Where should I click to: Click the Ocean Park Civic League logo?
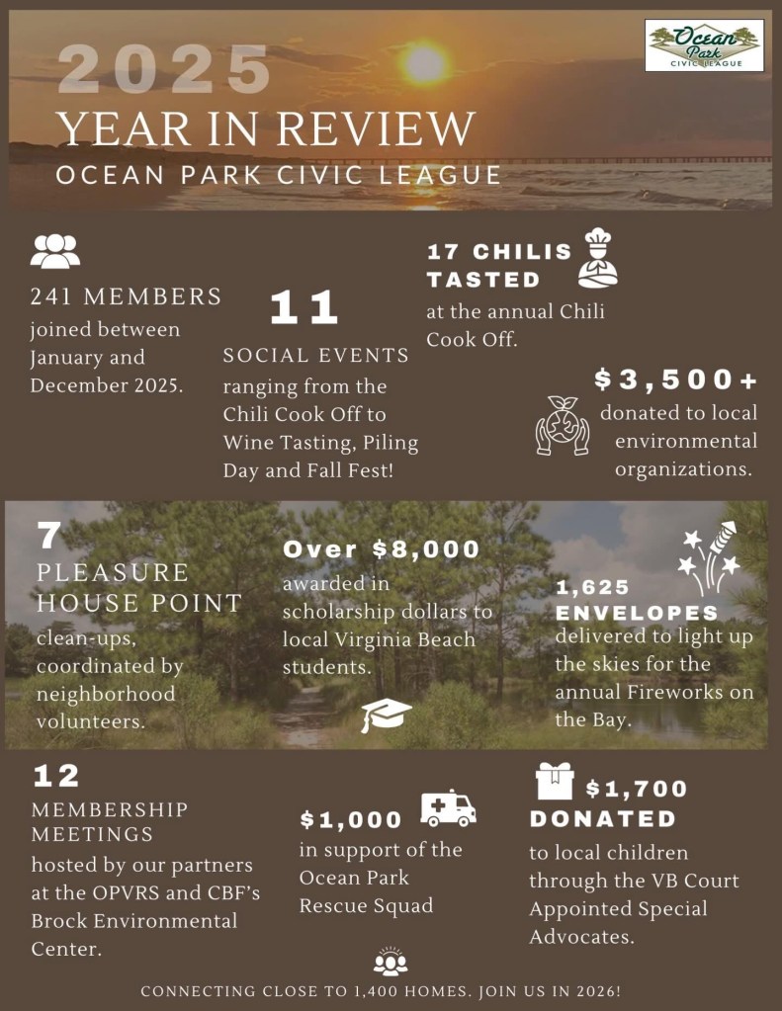pos(704,45)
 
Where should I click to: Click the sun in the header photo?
pos(425,63)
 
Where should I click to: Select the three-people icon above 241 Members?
pos(54,251)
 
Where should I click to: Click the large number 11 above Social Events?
pos(304,308)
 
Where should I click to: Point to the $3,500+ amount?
pos(677,379)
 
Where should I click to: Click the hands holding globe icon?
pos(562,425)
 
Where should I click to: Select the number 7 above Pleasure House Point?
pos(49,536)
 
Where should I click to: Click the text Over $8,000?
pos(382,549)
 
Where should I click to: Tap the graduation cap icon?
pos(386,714)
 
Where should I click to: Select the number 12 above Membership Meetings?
pos(56,776)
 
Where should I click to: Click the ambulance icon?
pos(448,808)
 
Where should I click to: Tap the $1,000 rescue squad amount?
pos(351,819)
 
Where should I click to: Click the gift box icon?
pos(555,781)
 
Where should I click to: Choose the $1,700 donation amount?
pos(636,789)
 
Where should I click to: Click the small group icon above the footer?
pos(391,961)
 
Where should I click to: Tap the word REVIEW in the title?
pos(377,128)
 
